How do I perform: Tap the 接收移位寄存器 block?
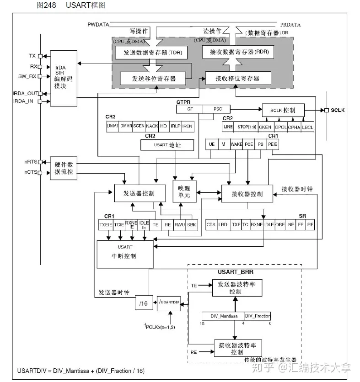coord(237,78)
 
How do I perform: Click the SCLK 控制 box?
coord(283,110)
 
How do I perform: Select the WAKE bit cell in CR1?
coord(236,144)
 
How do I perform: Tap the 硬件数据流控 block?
coord(64,167)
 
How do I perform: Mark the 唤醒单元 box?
coord(181,191)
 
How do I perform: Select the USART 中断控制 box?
coord(124,253)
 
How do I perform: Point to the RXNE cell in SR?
coord(257,224)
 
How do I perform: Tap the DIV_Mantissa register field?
coord(223,316)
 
